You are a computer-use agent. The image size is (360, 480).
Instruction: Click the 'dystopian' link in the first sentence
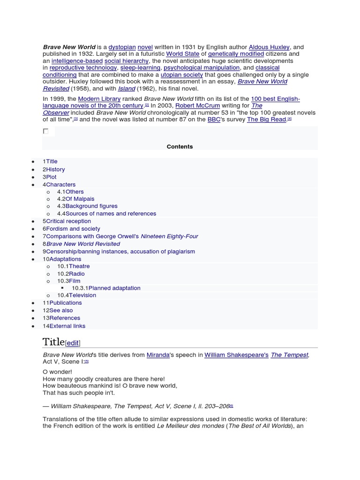122,47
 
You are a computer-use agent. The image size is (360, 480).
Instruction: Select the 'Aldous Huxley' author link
269,47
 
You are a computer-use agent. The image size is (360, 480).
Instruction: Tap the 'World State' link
183,54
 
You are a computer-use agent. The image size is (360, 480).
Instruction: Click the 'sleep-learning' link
134,67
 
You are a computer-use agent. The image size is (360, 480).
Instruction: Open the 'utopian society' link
182,75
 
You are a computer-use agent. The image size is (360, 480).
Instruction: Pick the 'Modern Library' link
99,99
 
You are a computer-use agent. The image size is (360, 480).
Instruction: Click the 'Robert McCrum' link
197,106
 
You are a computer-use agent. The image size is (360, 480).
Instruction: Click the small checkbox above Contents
45,131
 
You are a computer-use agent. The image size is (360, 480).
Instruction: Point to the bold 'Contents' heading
180,147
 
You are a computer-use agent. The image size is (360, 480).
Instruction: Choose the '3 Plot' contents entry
50,177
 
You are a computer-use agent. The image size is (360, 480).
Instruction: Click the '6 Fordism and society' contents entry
71,229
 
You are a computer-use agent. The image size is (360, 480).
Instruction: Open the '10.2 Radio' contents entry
71,274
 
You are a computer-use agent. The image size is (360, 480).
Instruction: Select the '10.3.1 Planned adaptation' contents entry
106,288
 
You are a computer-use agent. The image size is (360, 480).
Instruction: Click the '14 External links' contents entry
64,326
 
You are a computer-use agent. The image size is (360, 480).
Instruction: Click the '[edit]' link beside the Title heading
73,343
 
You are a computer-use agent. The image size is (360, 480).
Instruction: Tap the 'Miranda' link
158,355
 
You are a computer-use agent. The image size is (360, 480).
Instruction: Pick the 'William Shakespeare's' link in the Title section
236,355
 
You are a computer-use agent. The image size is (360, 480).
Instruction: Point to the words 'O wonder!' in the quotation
57,372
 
